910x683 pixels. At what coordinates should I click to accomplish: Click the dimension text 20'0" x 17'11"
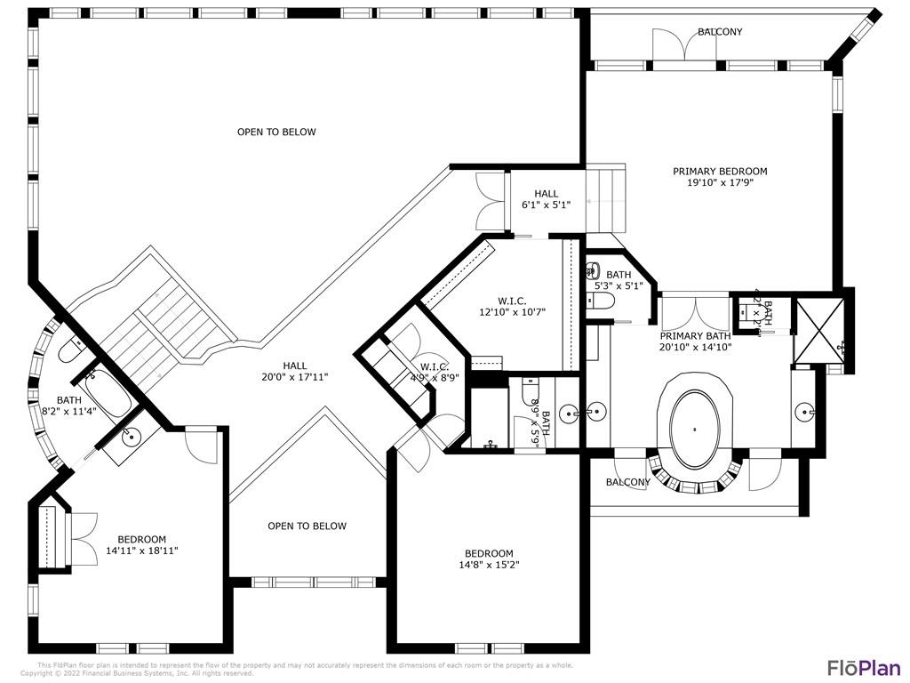(295, 377)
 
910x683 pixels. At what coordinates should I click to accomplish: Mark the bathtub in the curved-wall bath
(108, 396)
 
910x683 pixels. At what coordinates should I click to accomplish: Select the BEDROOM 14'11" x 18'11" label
(142, 545)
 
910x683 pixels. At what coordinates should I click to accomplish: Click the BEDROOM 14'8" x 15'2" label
(488, 558)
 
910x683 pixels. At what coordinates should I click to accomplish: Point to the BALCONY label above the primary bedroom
(719, 32)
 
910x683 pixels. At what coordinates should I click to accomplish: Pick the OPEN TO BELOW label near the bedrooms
(307, 526)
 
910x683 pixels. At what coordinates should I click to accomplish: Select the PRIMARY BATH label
(695, 342)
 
